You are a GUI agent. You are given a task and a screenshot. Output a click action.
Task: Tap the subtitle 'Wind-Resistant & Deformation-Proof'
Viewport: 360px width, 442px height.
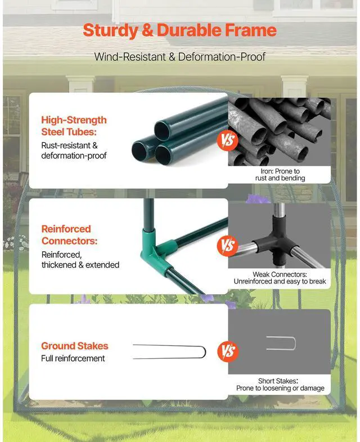180,57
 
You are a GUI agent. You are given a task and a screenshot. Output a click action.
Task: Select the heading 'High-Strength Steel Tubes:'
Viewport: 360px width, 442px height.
74,126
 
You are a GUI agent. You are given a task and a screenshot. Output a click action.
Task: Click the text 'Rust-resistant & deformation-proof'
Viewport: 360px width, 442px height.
74,150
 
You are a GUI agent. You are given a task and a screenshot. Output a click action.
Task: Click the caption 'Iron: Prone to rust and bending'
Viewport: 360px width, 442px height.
279,174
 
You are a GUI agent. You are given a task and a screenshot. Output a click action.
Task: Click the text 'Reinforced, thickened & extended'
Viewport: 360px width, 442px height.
80,260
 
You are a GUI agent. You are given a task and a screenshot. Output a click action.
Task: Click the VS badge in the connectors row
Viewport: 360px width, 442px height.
228,246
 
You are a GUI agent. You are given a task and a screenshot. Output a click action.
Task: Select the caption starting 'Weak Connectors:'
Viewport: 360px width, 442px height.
280,277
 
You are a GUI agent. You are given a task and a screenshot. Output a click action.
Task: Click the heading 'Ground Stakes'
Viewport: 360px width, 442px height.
74,346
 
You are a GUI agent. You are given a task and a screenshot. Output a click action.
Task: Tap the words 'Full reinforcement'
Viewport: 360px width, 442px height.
73,358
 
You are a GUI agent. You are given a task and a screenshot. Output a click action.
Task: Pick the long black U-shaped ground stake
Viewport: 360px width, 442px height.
169,351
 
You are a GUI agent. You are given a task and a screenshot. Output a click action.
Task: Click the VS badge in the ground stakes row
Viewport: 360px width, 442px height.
228,351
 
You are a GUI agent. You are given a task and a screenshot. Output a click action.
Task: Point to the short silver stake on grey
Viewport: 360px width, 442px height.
281,343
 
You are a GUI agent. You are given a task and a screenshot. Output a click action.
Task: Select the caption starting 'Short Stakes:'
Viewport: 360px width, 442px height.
280,384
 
